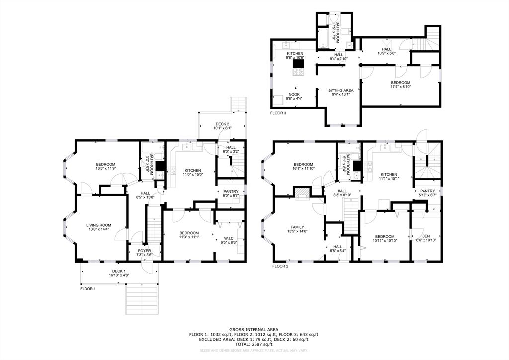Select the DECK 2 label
(x=222, y=124)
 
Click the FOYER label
(x=144, y=250)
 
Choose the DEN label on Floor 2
(x=426, y=236)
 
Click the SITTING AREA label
(x=341, y=90)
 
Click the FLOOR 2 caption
(x=280, y=266)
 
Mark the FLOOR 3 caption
(x=278, y=113)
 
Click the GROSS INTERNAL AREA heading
(x=254, y=329)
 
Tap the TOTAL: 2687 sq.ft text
(x=254, y=344)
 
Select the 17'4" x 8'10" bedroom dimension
(x=400, y=87)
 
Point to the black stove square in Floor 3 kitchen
(x=298, y=63)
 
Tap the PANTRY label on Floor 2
(x=427, y=191)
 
